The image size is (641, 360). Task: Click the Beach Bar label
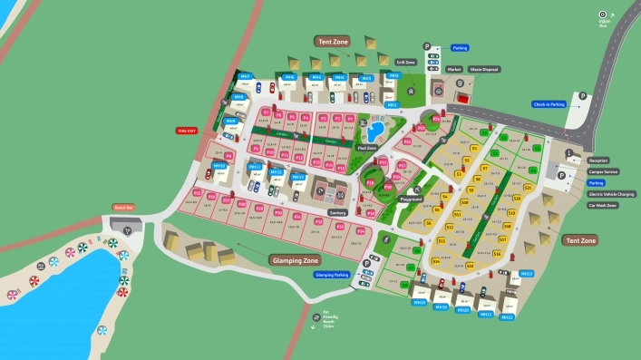click(123, 208)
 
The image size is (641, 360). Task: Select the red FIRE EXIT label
click(187, 131)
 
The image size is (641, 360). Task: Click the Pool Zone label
click(367, 147)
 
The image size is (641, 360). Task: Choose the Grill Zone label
click(404, 63)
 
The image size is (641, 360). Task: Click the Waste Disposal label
click(483, 69)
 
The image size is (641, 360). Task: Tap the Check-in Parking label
click(549, 104)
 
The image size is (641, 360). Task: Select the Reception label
click(597, 161)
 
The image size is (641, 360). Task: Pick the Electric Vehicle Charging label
click(612, 194)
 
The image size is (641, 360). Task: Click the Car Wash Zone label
click(602, 206)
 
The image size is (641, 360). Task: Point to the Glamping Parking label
click(332, 274)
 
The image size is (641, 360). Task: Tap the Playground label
click(412, 199)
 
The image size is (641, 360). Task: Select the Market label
click(454, 69)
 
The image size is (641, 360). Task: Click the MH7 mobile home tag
click(245, 77)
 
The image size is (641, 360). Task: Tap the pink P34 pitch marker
click(361, 231)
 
